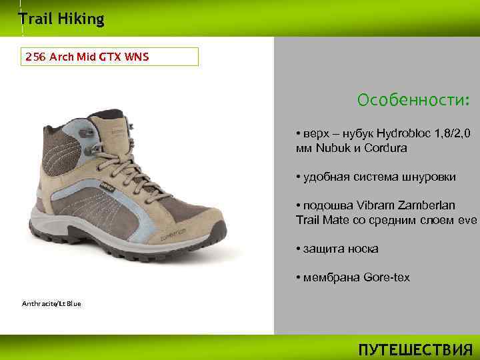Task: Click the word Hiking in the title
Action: [81, 19]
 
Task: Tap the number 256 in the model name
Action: [35, 57]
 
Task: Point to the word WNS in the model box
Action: [136, 57]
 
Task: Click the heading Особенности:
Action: [413, 101]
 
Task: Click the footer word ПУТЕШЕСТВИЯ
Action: [415, 350]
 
